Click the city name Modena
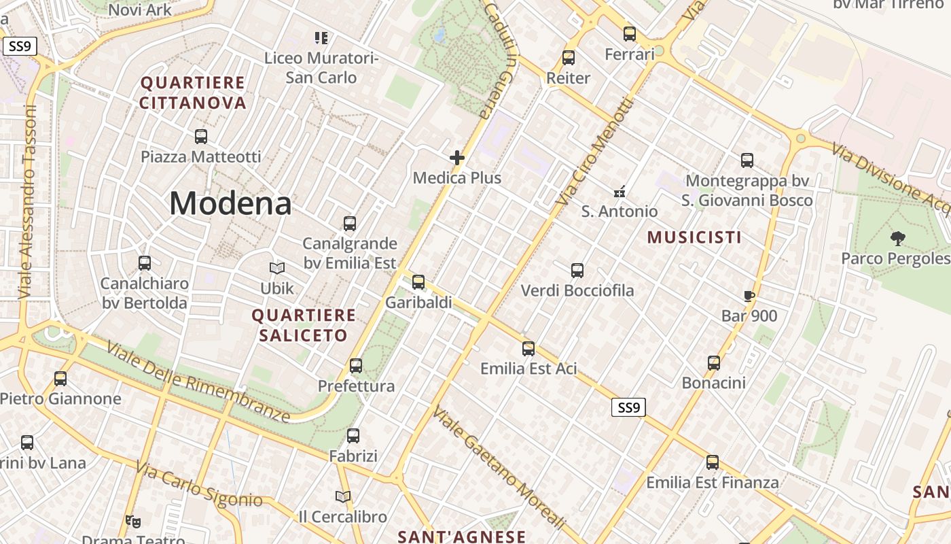(230, 203)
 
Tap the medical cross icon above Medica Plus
(457, 158)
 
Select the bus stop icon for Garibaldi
(418, 282)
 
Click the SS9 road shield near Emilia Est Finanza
(628, 408)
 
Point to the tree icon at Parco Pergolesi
(898, 238)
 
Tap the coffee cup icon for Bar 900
(749, 296)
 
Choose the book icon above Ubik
(277, 268)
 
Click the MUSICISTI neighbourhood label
(694, 237)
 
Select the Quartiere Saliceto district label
(303, 325)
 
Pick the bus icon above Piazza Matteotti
(201, 136)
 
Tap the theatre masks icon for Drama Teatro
(133, 522)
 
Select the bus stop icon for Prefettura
(356, 366)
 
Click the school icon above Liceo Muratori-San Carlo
(321, 37)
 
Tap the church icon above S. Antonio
(619, 192)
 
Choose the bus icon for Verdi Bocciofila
(577, 270)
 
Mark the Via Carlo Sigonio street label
(198, 484)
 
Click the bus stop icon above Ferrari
(630, 33)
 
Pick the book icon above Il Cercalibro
(343, 497)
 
